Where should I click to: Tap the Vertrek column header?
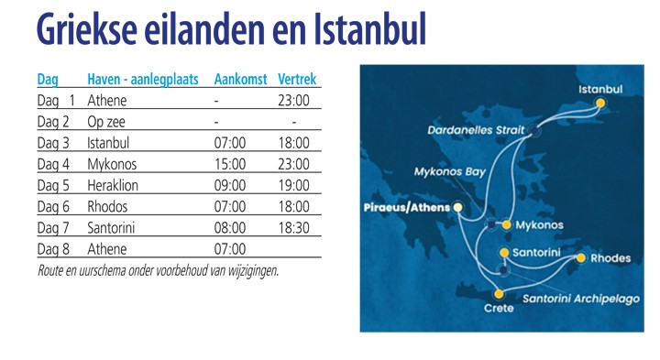click(x=297, y=79)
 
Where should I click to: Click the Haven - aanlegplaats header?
click(x=143, y=79)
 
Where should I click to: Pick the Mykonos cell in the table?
click(x=113, y=164)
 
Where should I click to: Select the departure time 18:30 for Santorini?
click(x=293, y=227)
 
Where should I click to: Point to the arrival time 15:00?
click(x=229, y=164)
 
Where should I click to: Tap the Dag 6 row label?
click(x=53, y=206)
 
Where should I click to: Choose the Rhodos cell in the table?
click(x=108, y=206)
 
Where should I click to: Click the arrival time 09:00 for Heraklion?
click(x=229, y=185)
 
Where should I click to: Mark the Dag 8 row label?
click(x=53, y=248)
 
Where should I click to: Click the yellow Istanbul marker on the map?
click(x=600, y=104)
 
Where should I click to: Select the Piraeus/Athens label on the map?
click(x=407, y=207)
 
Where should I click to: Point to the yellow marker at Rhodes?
click(x=580, y=258)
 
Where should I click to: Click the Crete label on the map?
click(x=498, y=309)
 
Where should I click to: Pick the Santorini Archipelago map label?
click(x=580, y=299)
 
